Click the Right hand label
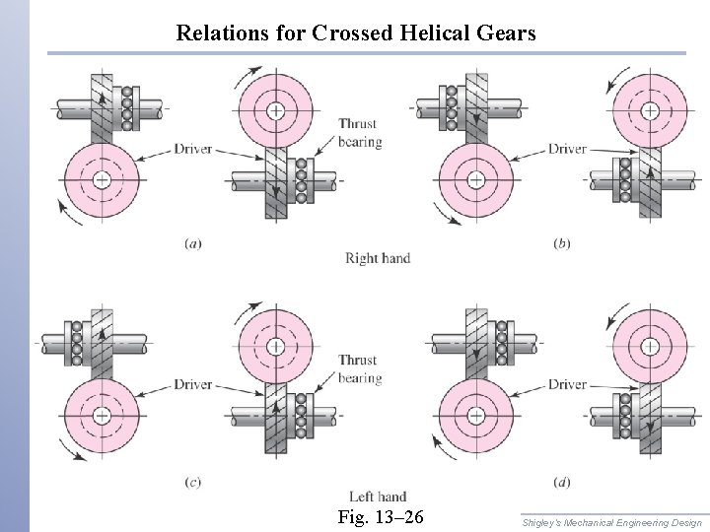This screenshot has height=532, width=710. [x=377, y=259]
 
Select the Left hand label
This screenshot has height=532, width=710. [x=377, y=497]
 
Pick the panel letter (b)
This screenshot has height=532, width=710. [x=561, y=243]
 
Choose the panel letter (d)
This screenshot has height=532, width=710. [x=561, y=481]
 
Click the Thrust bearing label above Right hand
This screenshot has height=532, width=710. [x=359, y=133]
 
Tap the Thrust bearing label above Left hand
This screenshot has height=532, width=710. [x=359, y=369]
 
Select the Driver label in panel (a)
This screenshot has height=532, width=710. [x=193, y=150]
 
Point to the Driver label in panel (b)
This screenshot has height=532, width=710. [x=567, y=150]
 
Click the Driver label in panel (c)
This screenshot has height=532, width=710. [x=193, y=384]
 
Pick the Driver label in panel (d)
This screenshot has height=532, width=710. [x=567, y=384]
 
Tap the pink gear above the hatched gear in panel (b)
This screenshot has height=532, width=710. [x=650, y=109]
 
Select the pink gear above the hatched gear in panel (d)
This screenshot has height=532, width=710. [x=650, y=345]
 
